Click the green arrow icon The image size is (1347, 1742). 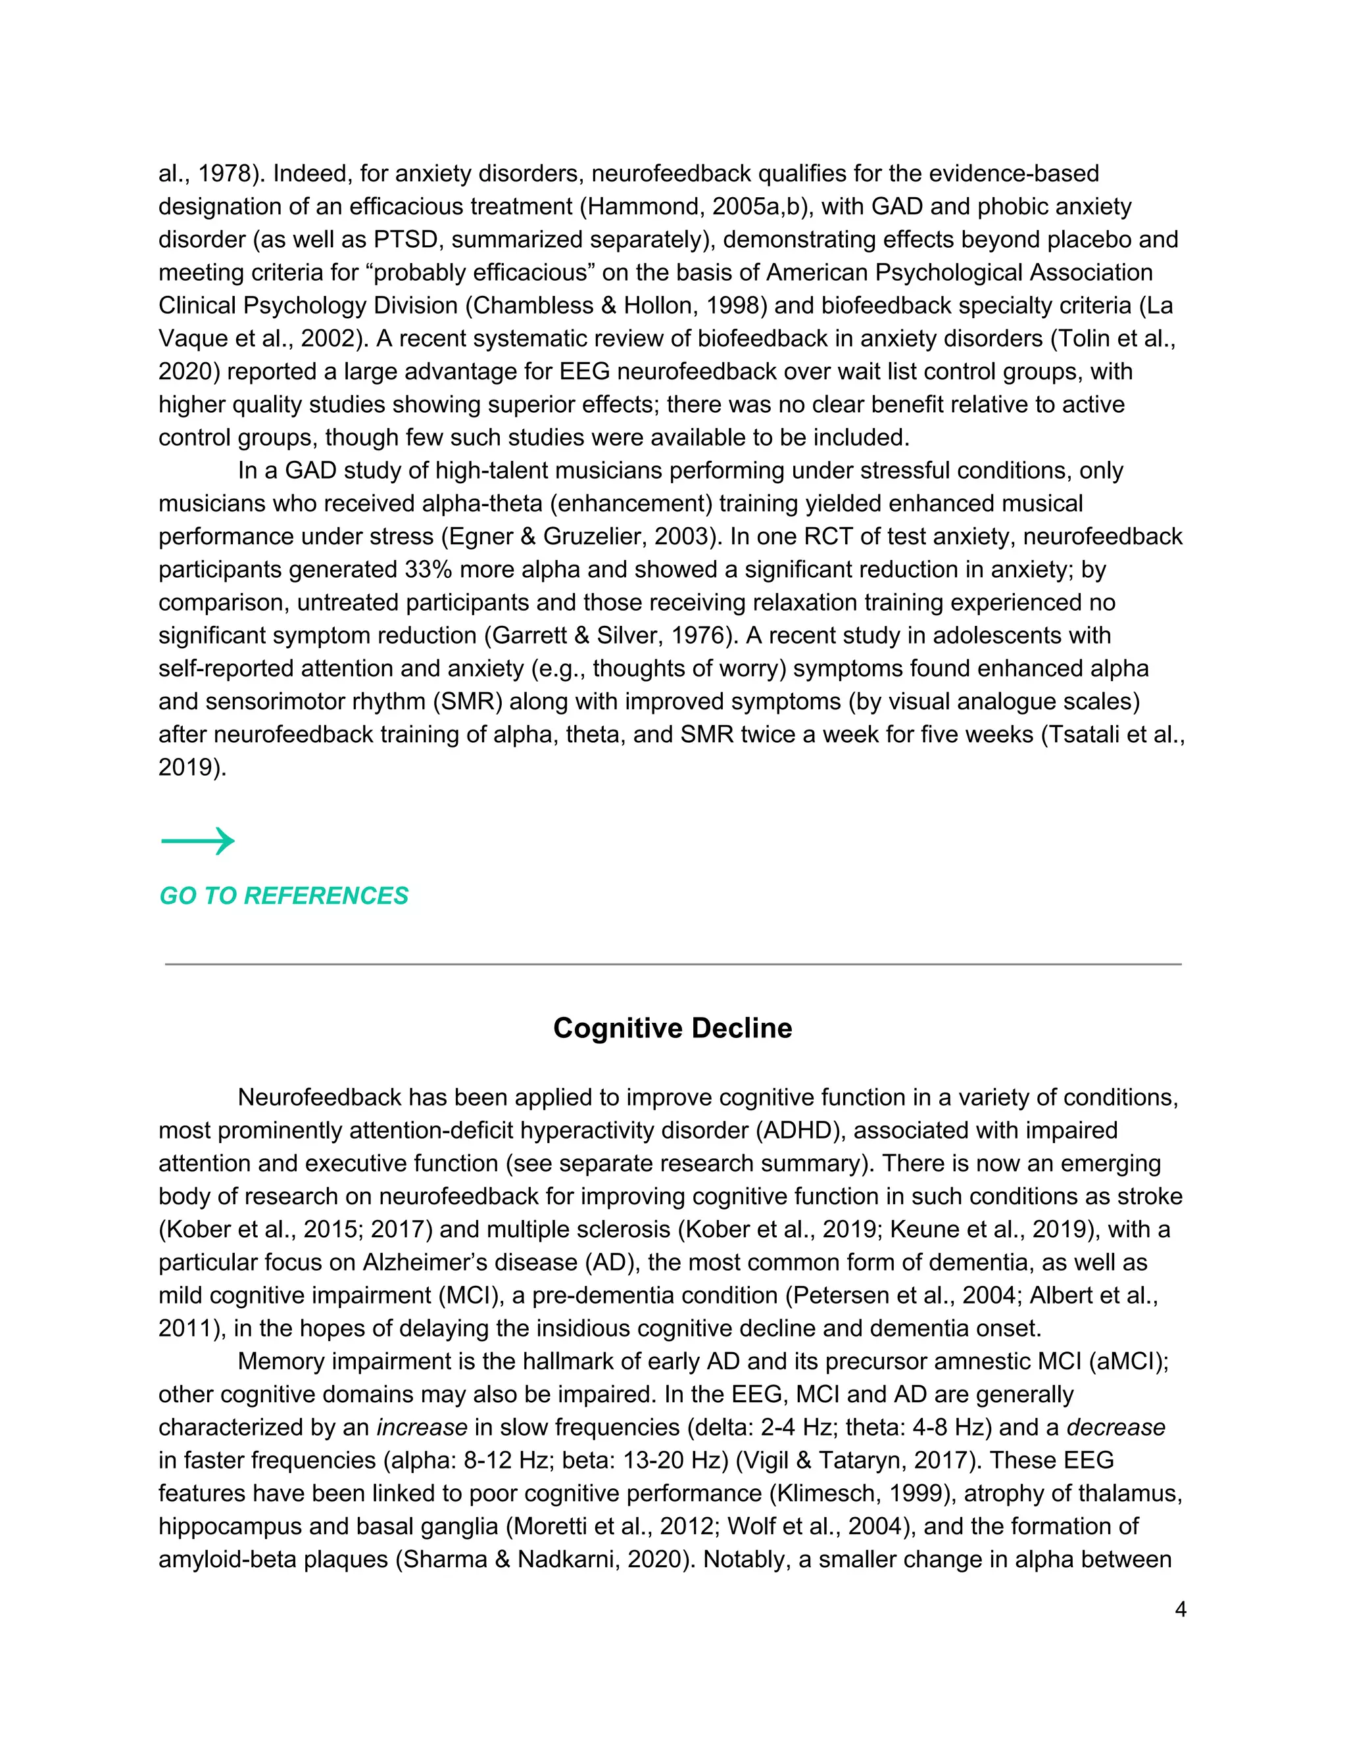[x=198, y=841]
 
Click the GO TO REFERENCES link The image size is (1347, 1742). [x=283, y=896]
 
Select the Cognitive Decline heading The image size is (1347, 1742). [x=672, y=1027]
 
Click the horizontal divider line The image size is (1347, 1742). [x=672, y=964]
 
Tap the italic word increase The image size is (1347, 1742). [x=422, y=1427]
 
